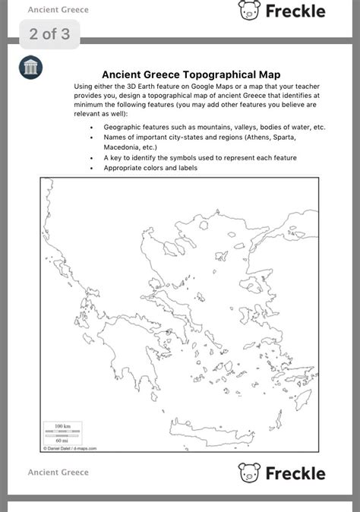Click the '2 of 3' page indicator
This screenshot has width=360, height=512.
click(x=49, y=34)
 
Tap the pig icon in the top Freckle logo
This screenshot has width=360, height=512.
click(x=249, y=10)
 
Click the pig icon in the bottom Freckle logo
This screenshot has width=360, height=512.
click(x=249, y=472)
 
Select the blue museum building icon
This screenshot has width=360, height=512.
click(x=31, y=68)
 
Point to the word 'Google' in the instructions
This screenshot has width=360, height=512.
click(x=201, y=87)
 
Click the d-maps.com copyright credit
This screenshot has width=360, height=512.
click(x=71, y=448)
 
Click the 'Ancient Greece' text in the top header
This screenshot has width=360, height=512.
click(x=58, y=10)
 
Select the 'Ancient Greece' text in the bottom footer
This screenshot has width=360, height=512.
click(x=58, y=472)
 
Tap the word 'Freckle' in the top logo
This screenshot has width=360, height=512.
click(x=295, y=11)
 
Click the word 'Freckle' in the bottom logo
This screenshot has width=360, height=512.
click(x=295, y=473)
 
